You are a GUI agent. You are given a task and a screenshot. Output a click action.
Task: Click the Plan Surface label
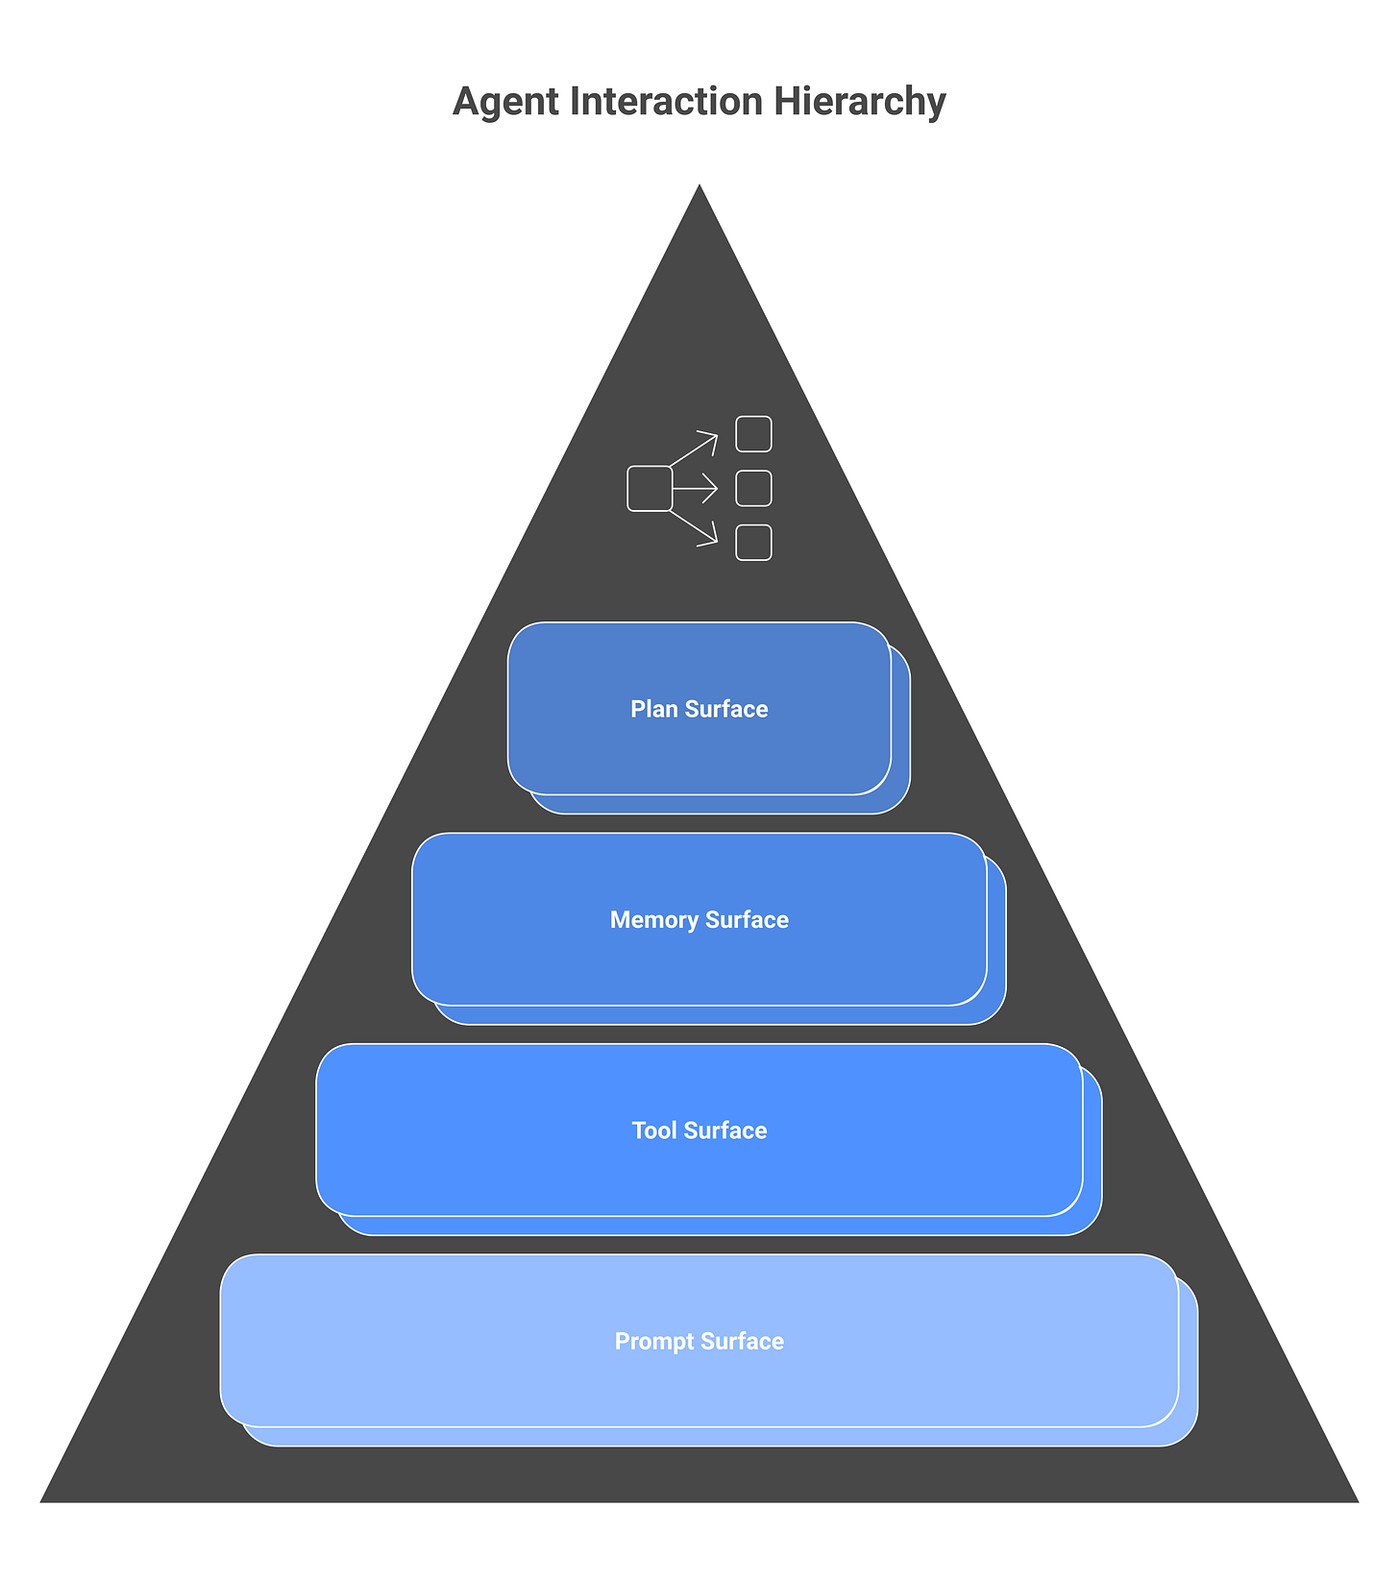699,709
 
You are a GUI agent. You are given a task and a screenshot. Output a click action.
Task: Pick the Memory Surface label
699,920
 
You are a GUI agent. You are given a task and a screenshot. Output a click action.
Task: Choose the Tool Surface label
699,1130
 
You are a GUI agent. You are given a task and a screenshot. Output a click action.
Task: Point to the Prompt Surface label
699,1342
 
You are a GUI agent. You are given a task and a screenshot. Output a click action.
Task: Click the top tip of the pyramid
699,187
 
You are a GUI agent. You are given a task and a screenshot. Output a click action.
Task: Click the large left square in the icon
650,489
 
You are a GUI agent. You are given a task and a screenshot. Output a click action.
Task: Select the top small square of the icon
753,434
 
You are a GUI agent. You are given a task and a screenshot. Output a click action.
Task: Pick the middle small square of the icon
753,489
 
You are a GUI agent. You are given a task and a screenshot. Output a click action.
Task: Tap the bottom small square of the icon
753,543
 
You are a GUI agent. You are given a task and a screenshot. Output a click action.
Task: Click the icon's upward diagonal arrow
695,450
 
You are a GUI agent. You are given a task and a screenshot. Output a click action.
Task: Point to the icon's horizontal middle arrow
696,489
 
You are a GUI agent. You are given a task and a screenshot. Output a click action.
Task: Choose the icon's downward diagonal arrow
695,527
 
